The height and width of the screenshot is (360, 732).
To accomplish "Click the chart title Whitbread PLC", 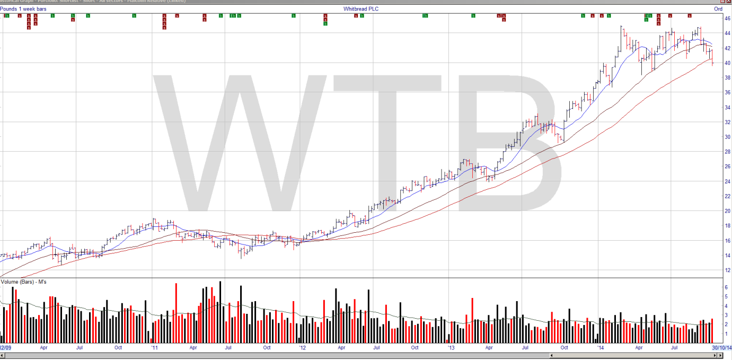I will point(361,9).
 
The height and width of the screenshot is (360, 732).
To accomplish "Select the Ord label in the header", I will point(718,9).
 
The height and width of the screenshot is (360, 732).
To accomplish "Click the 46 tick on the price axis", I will point(727,19).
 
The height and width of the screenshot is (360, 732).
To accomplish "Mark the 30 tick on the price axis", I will point(727,137).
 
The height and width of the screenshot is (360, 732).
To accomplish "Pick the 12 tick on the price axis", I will point(727,270).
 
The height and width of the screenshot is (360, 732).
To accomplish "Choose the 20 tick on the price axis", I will point(727,211).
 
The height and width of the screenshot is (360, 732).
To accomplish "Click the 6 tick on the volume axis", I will point(726,287).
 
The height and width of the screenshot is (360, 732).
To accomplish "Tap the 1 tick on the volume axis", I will point(726,335).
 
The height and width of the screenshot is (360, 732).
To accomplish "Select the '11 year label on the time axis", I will point(154,348).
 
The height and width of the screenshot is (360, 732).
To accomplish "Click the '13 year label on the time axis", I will point(451,348).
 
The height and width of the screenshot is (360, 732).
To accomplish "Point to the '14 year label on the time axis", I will point(600,348).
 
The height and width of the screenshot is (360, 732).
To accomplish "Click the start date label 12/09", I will point(5,348).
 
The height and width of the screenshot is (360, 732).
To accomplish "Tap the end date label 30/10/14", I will point(721,348).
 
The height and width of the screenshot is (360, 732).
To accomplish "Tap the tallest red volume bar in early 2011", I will point(175,313).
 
